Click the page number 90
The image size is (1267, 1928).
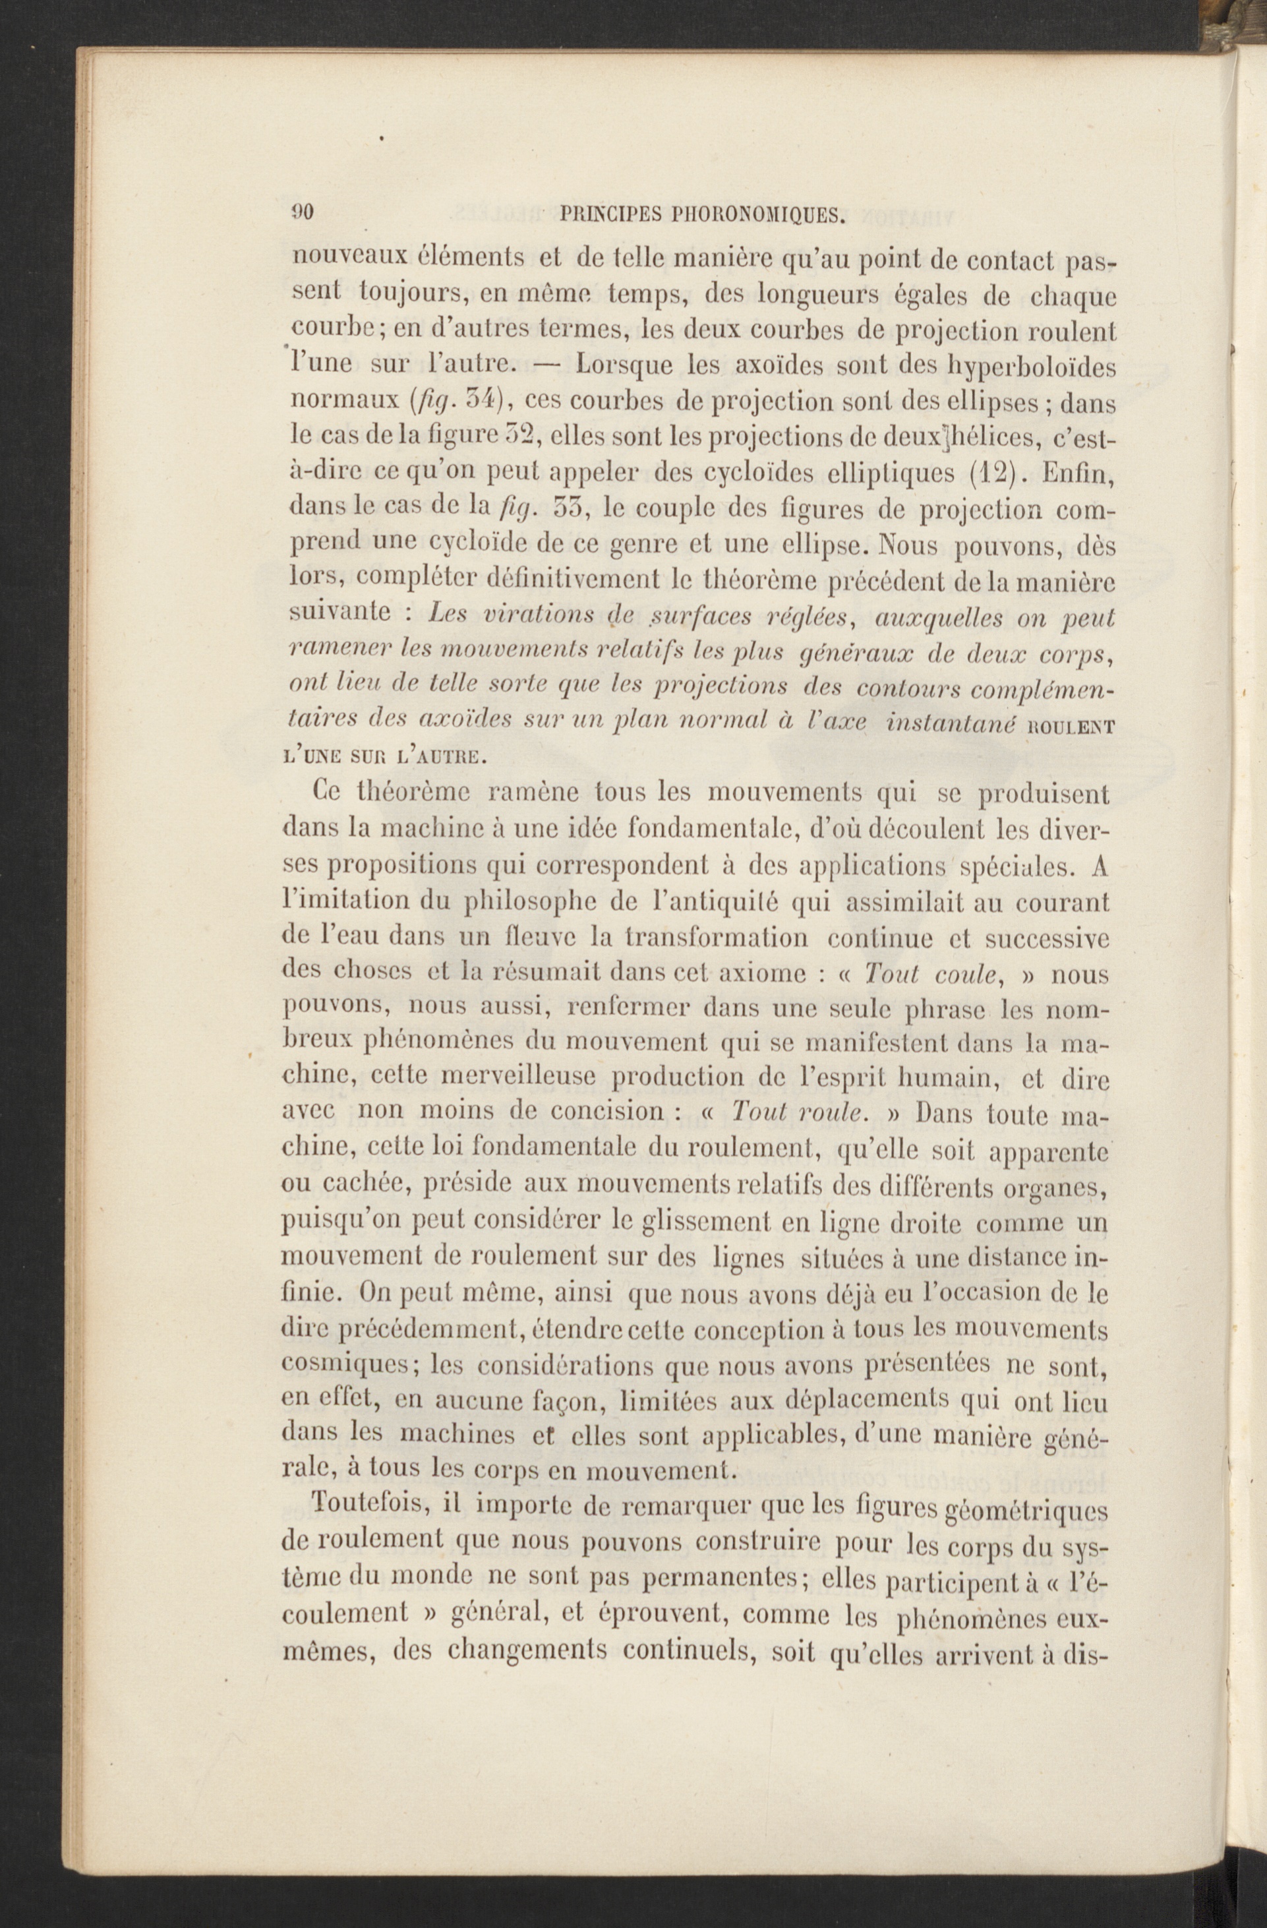(x=302, y=212)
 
